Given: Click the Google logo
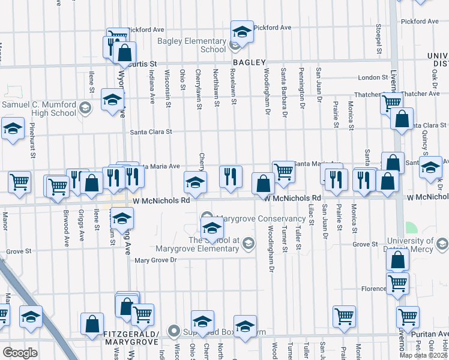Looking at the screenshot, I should click(20, 352).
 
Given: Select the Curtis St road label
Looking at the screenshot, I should click(142, 63).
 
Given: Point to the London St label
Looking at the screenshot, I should click(373, 77).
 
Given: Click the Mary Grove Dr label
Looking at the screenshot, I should click(155, 260).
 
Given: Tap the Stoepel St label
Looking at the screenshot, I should click(379, 37).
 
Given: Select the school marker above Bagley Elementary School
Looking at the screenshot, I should click(242, 32).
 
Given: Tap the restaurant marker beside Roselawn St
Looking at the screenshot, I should click(231, 176).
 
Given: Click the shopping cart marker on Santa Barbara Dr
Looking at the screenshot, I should click(283, 172).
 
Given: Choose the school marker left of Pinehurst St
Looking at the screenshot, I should click(12, 128).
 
